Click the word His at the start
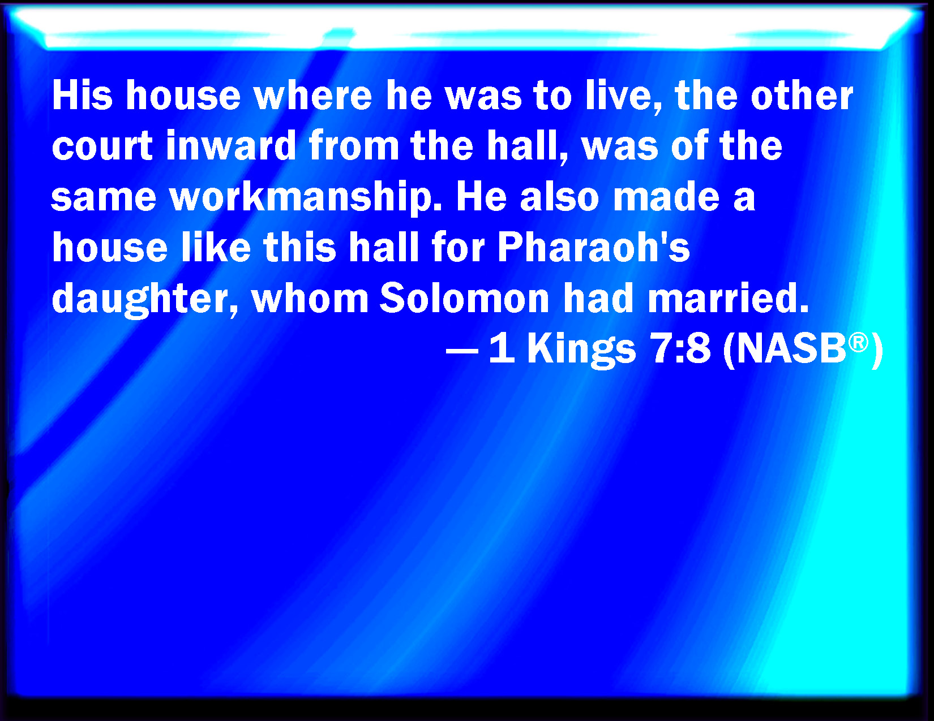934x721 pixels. tap(82, 95)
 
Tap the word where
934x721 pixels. tap(312, 95)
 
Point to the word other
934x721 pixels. tap(802, 95)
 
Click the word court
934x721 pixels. tap(102, 146)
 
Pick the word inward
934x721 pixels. tap(231, 145)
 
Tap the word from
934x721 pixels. tap(354, 145)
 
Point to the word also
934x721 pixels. tap(559, 197)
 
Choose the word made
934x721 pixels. tap(666, 197)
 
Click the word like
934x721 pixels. tap(216, 247)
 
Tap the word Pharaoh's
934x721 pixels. tap(594, 247)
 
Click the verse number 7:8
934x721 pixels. tap(680, 348)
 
